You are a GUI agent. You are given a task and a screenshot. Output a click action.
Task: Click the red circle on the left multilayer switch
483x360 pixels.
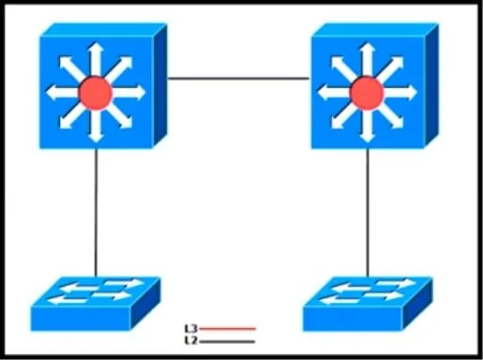point(96,93)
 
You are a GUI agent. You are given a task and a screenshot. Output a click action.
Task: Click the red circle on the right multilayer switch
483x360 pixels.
point(367,93)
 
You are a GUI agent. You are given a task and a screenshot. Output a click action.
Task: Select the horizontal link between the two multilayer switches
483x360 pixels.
point(238,79)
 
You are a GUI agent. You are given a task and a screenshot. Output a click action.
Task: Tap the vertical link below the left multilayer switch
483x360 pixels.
point(96,213)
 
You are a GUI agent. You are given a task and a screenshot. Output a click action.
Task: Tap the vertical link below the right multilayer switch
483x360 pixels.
point(368,213)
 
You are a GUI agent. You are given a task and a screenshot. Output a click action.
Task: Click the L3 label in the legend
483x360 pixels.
point(191,328)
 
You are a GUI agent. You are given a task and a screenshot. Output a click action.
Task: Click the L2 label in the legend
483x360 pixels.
point(191,340)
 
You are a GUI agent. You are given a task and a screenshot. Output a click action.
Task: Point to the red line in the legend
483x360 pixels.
point(227,329)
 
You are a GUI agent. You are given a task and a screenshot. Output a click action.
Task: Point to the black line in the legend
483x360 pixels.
point(227,341)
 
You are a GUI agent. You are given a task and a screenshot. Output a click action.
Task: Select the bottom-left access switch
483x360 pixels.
point(96,304)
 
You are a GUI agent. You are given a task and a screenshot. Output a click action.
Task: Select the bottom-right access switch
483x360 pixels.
point(368,304)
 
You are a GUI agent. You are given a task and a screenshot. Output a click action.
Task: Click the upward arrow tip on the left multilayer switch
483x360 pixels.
point(96,43)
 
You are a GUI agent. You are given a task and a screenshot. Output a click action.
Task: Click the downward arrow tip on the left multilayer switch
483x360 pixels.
point(96,142)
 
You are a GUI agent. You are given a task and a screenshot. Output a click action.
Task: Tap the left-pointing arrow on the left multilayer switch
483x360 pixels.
point(63,93)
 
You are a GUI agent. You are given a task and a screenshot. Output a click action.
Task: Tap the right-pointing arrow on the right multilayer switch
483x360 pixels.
point(400,93)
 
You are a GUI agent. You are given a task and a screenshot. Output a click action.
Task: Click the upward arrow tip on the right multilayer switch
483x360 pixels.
point(367,43)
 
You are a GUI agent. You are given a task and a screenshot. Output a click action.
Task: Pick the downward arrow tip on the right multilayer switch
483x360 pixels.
point(367,142)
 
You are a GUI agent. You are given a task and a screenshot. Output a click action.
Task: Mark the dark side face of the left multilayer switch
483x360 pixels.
point(160,86)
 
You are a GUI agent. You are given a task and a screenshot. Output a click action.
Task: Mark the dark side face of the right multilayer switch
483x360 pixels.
point(431,86)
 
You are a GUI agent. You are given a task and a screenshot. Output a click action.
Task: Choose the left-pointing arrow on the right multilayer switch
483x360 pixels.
point(334,93)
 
